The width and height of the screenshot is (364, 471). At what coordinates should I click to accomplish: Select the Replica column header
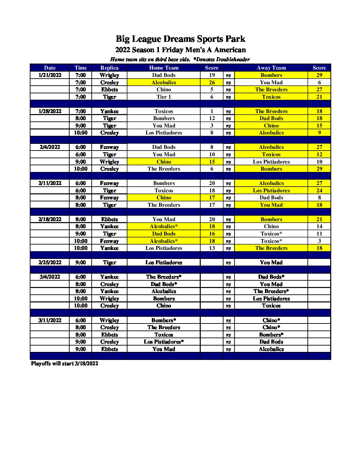[109, 68]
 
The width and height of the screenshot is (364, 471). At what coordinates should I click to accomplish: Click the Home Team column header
[164, 68]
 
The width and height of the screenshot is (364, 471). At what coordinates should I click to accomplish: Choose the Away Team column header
[271, 68]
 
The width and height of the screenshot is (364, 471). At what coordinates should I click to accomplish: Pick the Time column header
[81, 68]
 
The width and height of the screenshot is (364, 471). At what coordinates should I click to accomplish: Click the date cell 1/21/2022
[50, 75]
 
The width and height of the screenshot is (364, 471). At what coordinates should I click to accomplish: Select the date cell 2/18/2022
[50, 219]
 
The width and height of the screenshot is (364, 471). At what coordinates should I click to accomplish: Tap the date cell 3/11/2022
[50, 320]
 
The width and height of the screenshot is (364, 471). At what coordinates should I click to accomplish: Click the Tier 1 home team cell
[164, 97]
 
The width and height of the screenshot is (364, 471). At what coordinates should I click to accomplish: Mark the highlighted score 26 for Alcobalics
[212, 82]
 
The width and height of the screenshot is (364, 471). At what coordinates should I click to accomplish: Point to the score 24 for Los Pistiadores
[319, 190]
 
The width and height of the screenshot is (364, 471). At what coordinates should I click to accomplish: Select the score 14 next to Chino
[319, 226]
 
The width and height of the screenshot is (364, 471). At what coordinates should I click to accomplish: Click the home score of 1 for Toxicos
[212, 111]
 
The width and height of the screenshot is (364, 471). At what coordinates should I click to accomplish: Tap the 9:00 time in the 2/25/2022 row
[81, 263]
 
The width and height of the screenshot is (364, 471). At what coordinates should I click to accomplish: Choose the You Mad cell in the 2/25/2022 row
[271, 263]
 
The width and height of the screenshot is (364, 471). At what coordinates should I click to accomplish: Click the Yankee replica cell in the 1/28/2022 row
[109, 111]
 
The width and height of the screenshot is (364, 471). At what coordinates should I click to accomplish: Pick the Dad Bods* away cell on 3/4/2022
[271, 277]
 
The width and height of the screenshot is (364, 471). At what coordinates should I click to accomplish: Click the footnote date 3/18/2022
[86, 364]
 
